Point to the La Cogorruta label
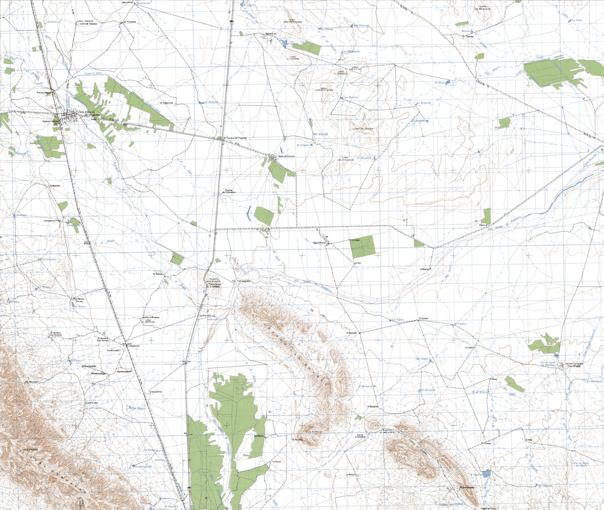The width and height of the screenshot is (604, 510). pos(166,102)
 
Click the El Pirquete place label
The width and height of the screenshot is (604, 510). pos(130,22)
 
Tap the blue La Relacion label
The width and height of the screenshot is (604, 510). pos(423,103)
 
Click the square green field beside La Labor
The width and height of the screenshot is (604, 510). pos(363,246)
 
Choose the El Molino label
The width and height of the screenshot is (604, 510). pos(425,269)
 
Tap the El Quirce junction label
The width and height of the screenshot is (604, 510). pos(423,319)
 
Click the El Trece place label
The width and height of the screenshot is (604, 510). pos(469,347)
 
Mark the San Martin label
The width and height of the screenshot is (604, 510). pos(259,436)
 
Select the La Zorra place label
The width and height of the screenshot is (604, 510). pos(276,461)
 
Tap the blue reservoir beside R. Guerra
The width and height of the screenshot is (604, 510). pos(486,474)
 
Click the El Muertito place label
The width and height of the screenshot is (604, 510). pos(55,185)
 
